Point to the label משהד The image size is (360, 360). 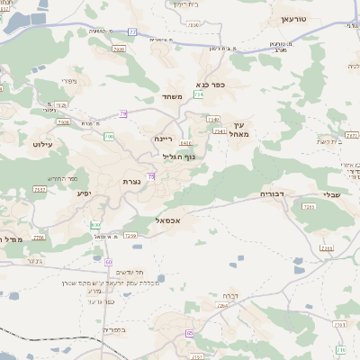[x=173, y=96]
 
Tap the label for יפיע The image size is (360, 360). [x=84, y=193]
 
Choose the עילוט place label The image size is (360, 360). [x=44, y=144]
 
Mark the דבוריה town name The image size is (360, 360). [x=272, y=193]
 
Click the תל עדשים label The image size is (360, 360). [x=132, y=274]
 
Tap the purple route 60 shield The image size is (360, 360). [x=108, y=262]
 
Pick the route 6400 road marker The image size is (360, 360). [x=186, y=142]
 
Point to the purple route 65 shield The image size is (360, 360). [x=190, y=334]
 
